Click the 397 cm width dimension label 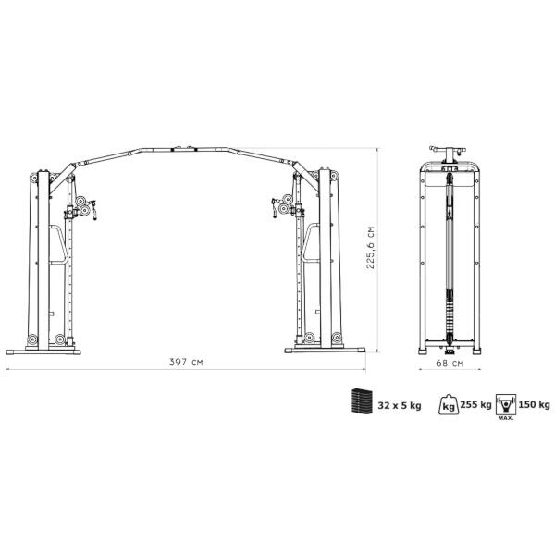(x=186, y=362)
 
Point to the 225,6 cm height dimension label (x=370, y=247)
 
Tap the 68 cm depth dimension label (x=450, y=364)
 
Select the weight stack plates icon (x=361, y=401)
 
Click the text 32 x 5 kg (x=400, y=406)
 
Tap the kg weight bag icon (x=448, y=404)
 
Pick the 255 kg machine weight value (x=475, y=404)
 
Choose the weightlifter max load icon (x=506, y=404)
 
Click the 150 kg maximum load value (x=534, y=404)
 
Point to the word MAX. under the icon (x=506, y=418)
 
